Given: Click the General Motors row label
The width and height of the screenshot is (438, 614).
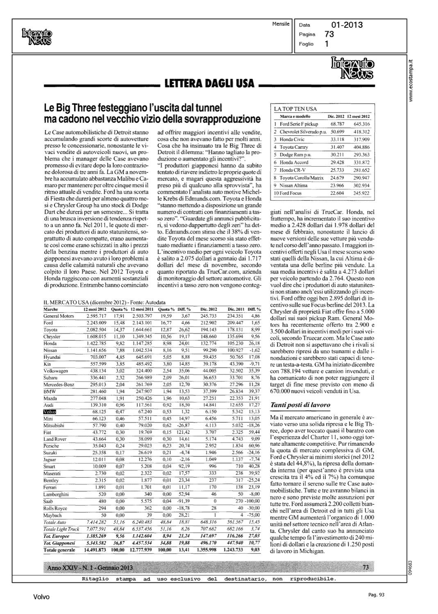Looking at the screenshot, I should tap(59, 316).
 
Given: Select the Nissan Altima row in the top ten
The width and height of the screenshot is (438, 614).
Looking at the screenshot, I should tap(293, 185).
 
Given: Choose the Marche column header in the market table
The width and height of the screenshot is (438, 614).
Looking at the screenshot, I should tap(50, 309).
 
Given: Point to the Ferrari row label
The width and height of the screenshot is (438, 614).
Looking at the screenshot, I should tap(50, 488).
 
